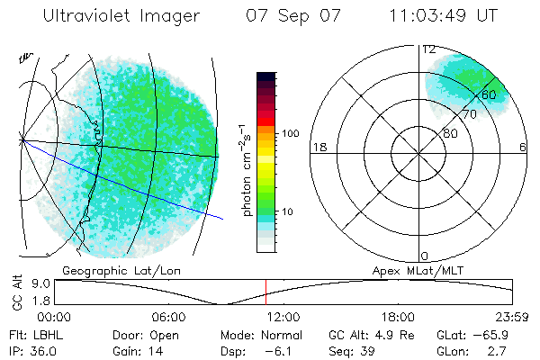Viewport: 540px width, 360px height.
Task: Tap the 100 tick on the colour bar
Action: point(291,133)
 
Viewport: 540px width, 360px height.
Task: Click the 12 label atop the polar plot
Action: point(429,49)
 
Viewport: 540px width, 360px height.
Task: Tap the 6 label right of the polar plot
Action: point(523,148)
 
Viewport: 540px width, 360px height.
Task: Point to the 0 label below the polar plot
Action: point(425,256)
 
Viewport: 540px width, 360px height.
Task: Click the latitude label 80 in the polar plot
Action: point(451,134)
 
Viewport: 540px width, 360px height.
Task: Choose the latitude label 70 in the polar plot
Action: point(470,115)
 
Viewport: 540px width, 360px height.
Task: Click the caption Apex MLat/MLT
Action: point(416,270)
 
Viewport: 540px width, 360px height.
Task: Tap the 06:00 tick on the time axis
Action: point(168,317)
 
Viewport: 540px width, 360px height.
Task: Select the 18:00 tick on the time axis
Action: point(398,317)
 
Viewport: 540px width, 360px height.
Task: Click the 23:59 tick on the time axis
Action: point(511,317)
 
